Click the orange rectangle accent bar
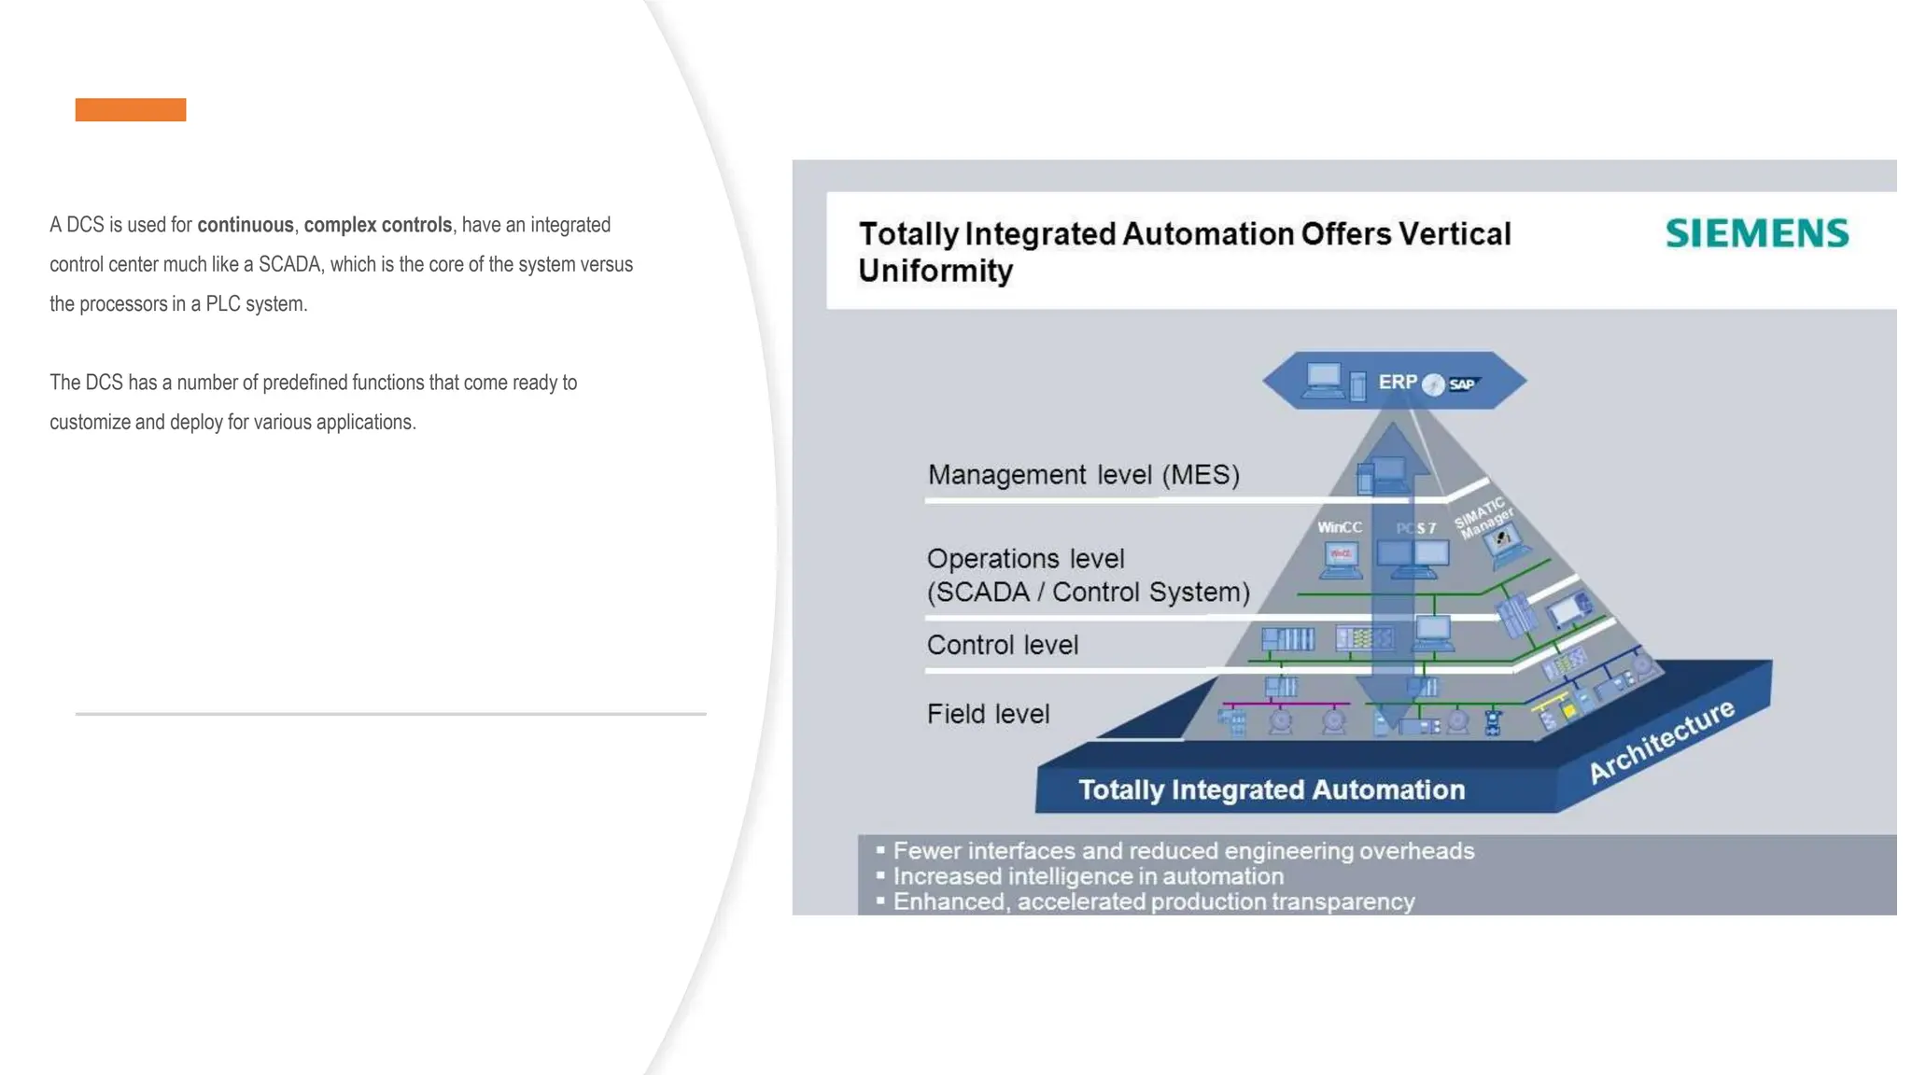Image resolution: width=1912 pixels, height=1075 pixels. tap(131, 110)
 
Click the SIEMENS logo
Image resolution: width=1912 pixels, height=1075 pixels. tap(1756, 233)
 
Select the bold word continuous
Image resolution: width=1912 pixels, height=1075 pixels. tap(246, 225)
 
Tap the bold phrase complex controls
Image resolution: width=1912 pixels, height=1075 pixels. tap(377, 225)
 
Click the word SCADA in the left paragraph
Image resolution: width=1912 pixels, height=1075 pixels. tap(289, 264)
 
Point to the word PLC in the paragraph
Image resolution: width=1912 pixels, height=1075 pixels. tap(223, 304)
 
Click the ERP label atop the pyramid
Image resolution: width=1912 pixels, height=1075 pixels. tap(1397, 382)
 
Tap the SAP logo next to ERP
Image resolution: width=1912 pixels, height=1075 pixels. tap(1462, 384)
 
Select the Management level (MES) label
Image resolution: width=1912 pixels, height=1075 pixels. tap(1083, 475)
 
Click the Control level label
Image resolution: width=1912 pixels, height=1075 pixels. tap(1002, 645)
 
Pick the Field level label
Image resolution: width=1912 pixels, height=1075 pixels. tap(988, 714)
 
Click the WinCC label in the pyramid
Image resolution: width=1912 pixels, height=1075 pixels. tap(1339, 527)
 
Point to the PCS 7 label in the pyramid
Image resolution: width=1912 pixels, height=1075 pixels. tap(1415, 528)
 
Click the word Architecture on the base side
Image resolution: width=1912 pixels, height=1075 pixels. tap(1661, 741)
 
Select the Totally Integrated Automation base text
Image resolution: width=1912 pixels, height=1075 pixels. tap(1272, 789)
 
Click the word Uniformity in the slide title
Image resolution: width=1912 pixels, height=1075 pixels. tap(935, 271)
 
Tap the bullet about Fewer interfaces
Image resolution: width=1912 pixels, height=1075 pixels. tap(1183, 851)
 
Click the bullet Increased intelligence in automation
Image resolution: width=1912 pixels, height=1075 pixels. tap(1088, 876)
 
